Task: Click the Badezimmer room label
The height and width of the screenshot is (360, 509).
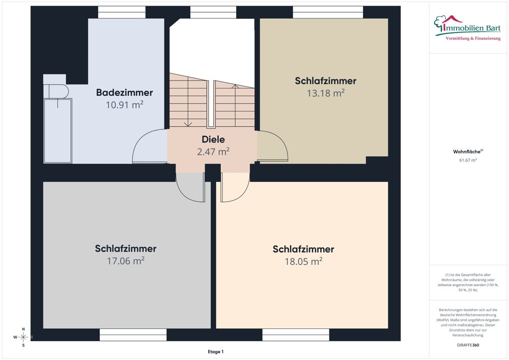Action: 124,93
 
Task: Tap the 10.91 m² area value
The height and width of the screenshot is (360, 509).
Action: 124,105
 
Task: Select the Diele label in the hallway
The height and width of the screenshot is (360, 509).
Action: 213,139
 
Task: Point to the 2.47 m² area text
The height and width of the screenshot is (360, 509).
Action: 213,151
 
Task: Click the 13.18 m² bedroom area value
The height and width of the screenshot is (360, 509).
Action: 325,93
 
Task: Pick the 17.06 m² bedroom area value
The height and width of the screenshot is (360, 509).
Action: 125,261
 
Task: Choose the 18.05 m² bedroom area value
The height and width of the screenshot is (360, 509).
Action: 303,261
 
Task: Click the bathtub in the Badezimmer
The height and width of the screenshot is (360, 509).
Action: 58,131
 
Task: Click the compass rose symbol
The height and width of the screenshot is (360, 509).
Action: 23,337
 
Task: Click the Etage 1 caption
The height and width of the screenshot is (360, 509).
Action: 215,352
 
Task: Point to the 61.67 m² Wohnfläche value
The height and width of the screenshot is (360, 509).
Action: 468,160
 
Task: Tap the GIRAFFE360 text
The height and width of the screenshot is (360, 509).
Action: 468,345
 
